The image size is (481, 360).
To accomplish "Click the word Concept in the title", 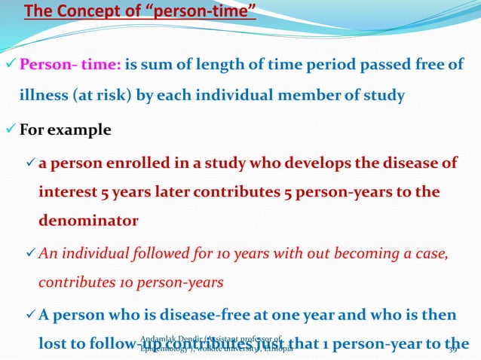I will [93, 13].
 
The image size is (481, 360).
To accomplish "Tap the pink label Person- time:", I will [69, 66].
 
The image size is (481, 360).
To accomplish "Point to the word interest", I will [66, 192].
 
